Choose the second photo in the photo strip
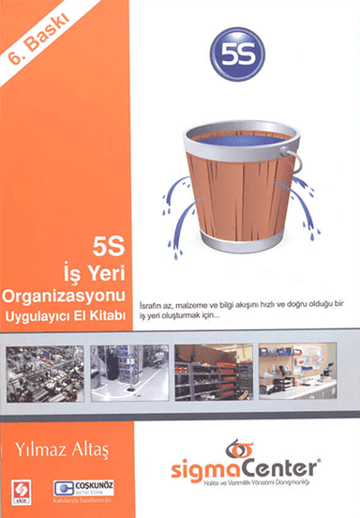pyautogui.click(x=128, y=372)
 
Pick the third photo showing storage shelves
pyautogui.click(x=211, y=372)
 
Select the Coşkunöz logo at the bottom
pyautogui.click(x=78, y=489)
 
